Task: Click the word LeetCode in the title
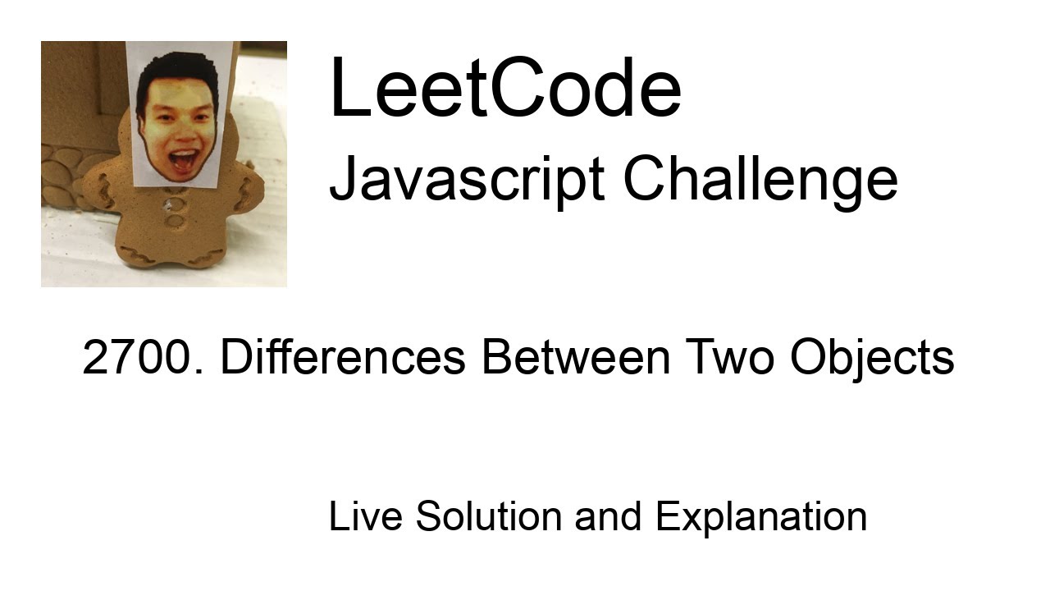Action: [x=504, y=89]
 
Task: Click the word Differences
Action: [x=343, y=358]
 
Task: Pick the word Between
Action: [x=576, y=358]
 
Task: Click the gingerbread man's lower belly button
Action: [x=175, y=221]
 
